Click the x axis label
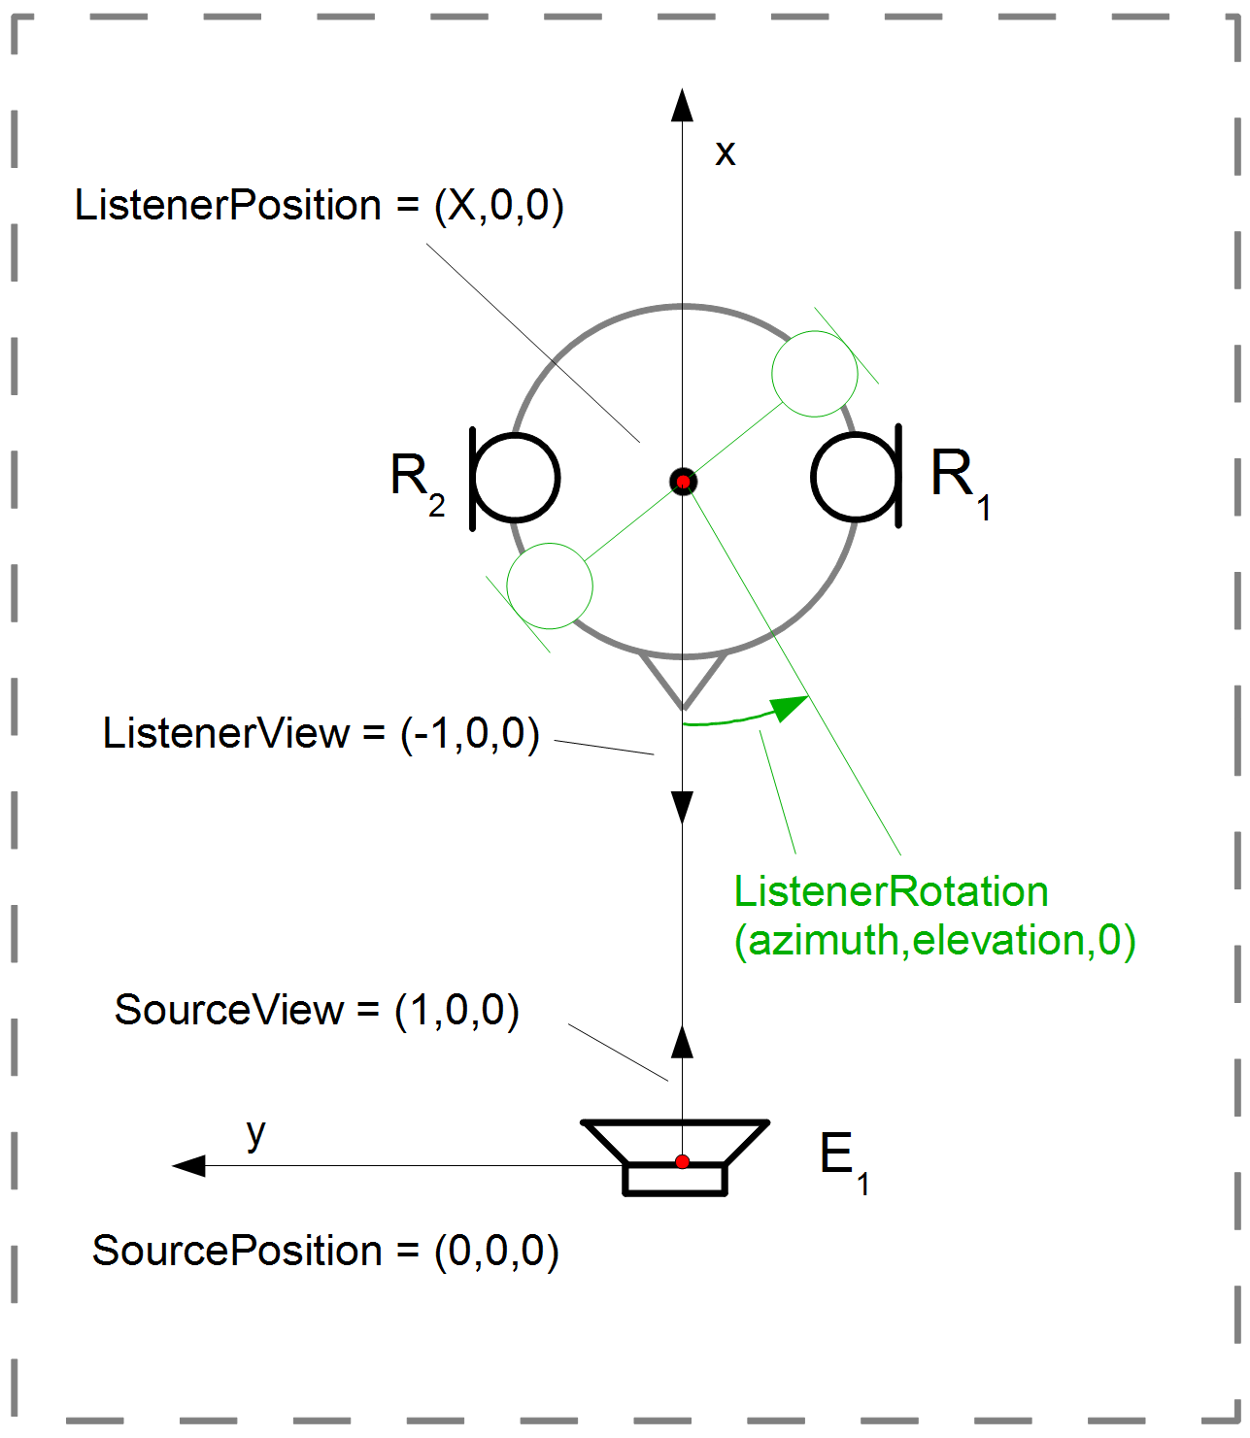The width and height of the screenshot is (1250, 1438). point(725,153)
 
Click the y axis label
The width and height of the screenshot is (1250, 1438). point(255,1133)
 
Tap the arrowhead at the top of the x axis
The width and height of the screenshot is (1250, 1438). point(683,105)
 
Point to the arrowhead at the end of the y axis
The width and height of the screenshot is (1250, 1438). point(188,1165)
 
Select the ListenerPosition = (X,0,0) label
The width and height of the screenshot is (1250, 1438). point(319,206)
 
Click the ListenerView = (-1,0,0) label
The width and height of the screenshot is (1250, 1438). point(321,734)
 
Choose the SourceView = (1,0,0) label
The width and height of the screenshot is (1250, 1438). point(317,1011)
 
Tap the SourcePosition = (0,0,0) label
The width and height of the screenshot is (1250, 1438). point(325,1252)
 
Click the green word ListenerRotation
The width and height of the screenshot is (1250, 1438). point(891,891)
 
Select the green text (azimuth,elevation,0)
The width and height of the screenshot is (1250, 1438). point(934,940)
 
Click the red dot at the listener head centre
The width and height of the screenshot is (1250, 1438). point(683,482)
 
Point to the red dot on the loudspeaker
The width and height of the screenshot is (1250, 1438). point(683,1162)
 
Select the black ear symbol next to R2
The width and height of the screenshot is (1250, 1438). point(515,478)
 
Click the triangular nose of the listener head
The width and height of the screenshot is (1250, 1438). point(683,681)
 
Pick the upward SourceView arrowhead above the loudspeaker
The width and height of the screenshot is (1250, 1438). point(683,1041)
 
